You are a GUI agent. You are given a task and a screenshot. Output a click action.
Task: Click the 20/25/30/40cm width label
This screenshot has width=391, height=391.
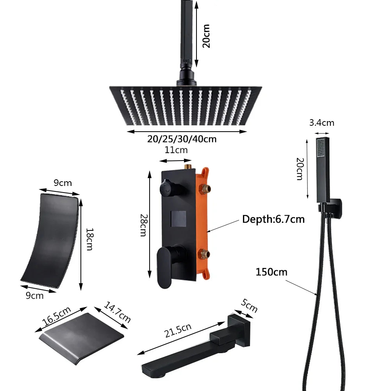click(x=182, y=139)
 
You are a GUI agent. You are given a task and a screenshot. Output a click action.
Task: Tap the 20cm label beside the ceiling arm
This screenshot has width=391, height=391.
click(x=206, y=36)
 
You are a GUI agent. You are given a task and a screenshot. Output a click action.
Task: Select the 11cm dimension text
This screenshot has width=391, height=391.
click(x=176, y=150)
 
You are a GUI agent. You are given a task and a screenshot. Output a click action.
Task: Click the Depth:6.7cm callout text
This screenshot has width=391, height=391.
click(x=273, y=219)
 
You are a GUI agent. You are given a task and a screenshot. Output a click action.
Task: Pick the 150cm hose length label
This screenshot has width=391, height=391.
click(x=271, y=272)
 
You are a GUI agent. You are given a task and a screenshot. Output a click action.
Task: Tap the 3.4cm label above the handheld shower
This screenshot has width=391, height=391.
click(x=321, y=123)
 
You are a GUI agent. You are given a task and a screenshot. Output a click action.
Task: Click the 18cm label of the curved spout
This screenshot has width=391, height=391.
click(x=89, y=239)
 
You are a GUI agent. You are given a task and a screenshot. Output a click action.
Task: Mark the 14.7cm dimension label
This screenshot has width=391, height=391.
click(x=118, y=312)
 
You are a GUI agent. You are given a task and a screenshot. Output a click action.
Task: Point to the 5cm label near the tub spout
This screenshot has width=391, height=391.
click(x=249, y=306)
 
